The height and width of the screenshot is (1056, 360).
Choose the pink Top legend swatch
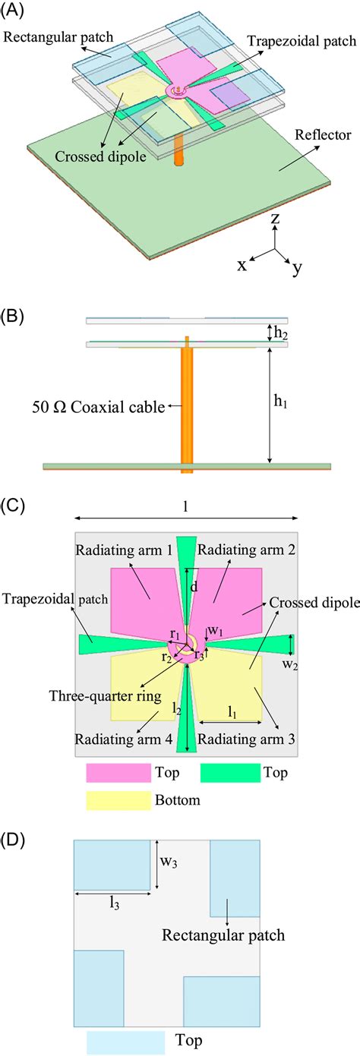(x=118, y=773)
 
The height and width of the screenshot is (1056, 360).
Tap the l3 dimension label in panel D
(x=113, y=903)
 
